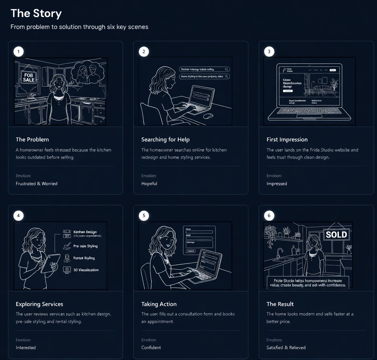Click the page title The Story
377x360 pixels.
pos(36,13)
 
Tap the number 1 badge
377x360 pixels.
pos(18,52)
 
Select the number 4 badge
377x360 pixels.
pos(18,216)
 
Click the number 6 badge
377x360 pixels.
pos(269,216)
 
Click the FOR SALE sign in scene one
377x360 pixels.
pos(29,77)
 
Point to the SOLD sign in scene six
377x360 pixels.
pos(336,234)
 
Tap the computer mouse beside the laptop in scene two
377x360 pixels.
pos(208,116)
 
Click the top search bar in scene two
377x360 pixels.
pos(204,69)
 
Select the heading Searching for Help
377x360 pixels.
pos(165,139)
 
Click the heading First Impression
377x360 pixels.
pos(287,139)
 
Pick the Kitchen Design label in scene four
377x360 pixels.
pos(85,232)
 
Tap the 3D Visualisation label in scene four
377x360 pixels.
pos(86,270)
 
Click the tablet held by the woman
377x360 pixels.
pos(50,262)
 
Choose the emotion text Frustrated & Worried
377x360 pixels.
pos(37,184)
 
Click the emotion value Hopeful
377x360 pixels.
pos(149,184)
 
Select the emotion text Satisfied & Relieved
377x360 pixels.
pos(286,348)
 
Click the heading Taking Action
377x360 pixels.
pos(159,304)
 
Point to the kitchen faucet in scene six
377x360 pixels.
pos(279,252)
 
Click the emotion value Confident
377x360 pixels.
pos(151,348)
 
